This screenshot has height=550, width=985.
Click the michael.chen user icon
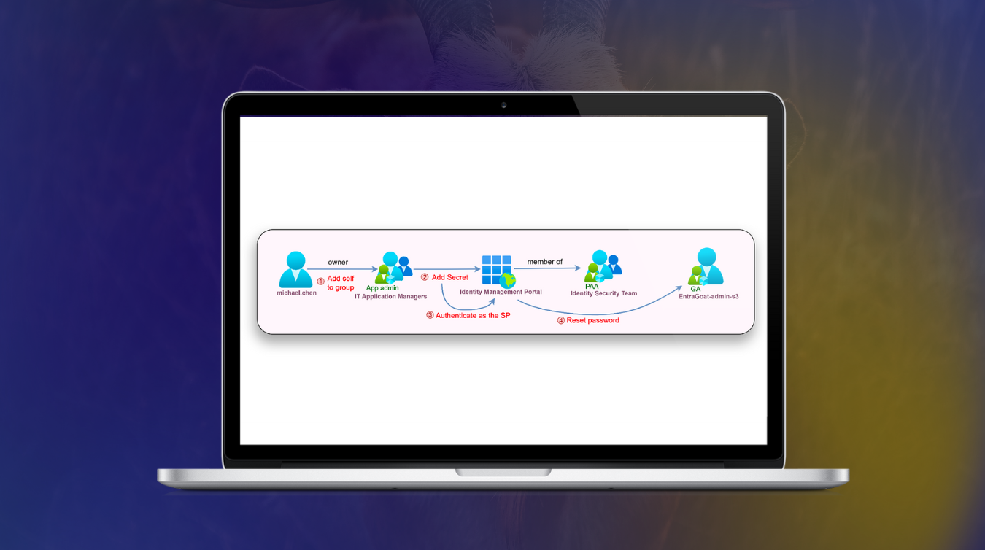click(295, 269)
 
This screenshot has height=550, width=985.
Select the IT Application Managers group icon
click(393, 268)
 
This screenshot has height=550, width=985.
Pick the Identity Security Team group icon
click(603, 266)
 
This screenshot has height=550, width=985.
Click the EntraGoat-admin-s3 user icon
click(706, 266)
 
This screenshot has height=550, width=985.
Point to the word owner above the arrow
click(338, 262)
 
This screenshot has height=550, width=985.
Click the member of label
click(544, 262)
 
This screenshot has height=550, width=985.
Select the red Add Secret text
click(450, 277)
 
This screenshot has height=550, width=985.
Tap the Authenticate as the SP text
click(473, 315)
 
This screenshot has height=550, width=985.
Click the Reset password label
click(592, 320)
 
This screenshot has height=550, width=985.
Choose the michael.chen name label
click(296, 293)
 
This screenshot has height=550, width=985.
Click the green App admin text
click(382, 288)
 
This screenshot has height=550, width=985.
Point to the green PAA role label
click(592, 286)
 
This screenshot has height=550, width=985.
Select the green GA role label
click(695, 289)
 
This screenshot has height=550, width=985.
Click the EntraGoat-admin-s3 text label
click(708, 296)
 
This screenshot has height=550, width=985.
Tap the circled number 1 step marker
click(320, 282)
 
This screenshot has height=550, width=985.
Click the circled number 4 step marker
click(560, 320)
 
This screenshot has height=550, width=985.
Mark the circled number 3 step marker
click(430, 315)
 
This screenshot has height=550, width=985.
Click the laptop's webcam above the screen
click(503, 105)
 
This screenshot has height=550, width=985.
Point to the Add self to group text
click(340, 283)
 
